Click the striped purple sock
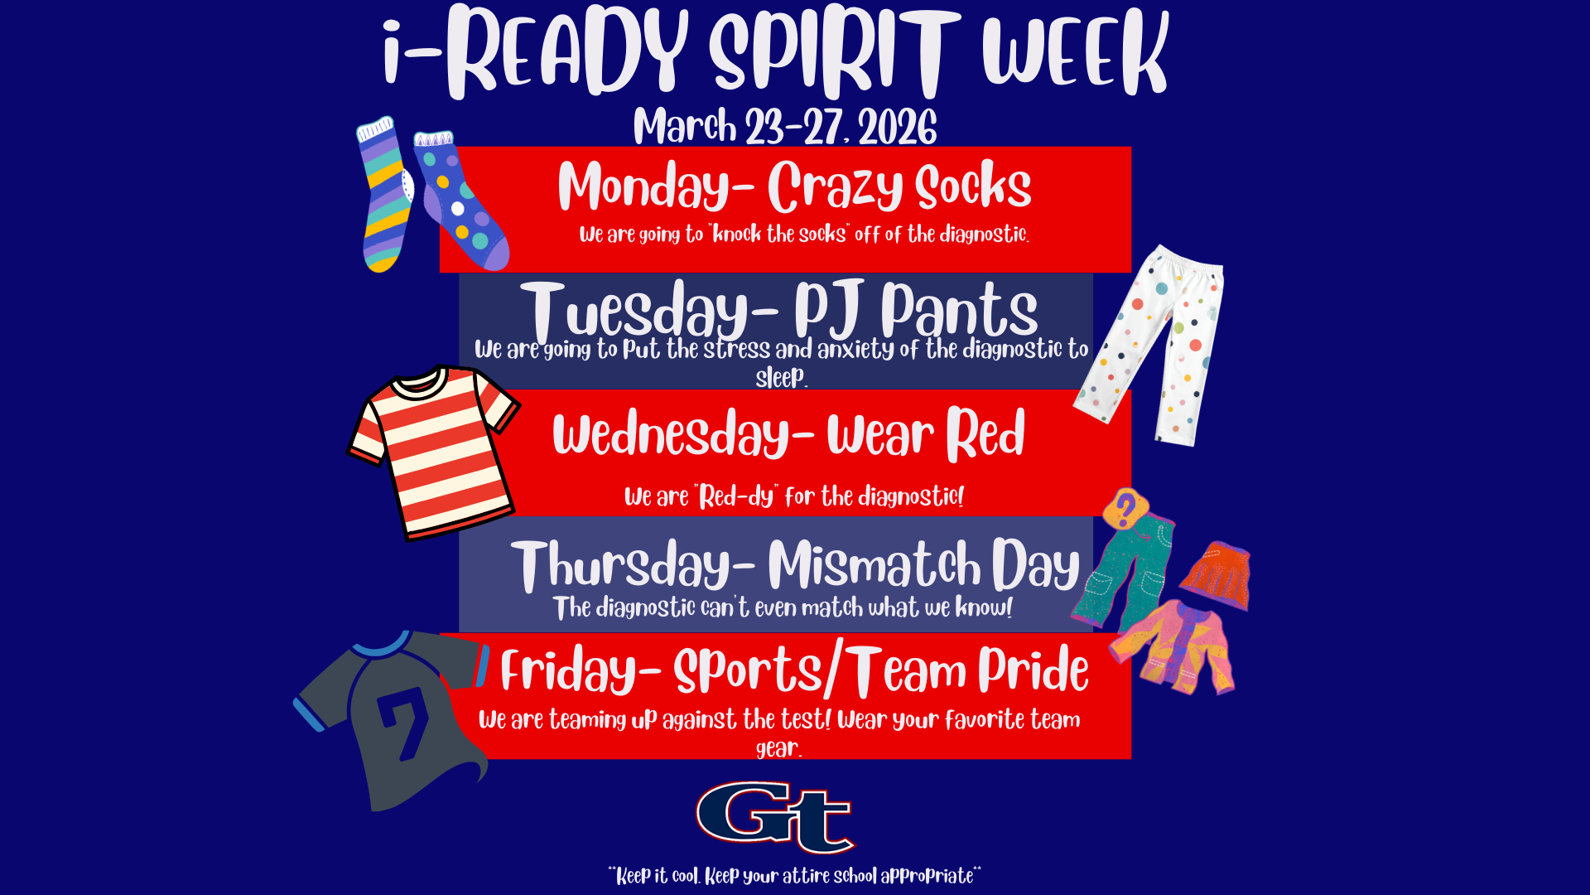384,195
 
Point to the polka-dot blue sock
460,203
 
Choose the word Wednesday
672,433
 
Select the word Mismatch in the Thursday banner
874,566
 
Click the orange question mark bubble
1125,507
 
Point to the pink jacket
1176,646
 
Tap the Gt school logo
775,817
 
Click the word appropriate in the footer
927,876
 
